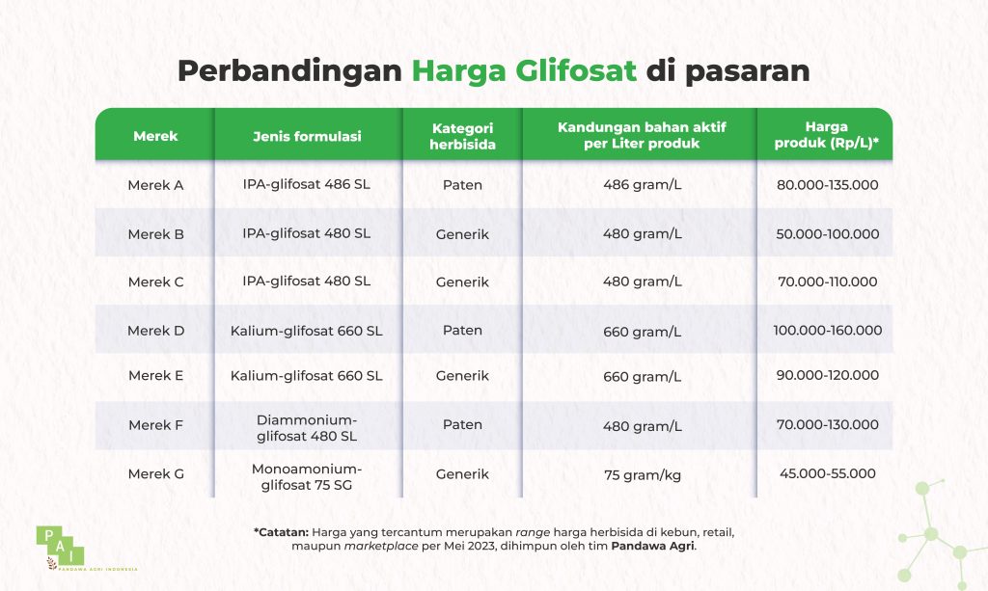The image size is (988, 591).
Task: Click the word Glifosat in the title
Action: pyautogui.click(x=577, y=72)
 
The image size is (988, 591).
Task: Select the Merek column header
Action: pyautogui.click(x=155, y=136)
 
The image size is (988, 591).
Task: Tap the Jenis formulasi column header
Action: pyautogui.click(x=307, y=136)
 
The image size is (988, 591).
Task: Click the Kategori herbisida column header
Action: pyautogui.click(x=462, y=136)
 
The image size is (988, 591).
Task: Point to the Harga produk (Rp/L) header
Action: pyautogui.click(x=827, y=135)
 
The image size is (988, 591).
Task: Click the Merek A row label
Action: pyautogui.click(x=155, y=184)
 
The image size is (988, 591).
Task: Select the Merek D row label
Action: pyautogui.click(x=155, y=330)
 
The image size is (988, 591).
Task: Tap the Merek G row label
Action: pyautogui.click(x=155, y=473)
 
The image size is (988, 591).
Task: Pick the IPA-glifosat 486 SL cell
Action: pyautogui.click(x=307, y=184)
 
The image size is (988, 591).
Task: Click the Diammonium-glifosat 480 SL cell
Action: pyautogui.click(x=307, y=427)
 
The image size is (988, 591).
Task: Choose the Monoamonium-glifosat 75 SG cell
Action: pyautogui.click(x=307, y=475)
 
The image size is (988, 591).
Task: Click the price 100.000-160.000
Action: pyautogui.click(x=827, y=330)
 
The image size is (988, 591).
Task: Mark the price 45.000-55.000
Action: pyautogui.click(x=827, y=473)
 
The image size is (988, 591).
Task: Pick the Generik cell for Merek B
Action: pyautogui.click(x=462, y=233)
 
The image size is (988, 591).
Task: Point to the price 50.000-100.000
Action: pyautogui.click(x=827, y=233)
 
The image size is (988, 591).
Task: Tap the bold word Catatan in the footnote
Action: pyautogui.click(x=283, y=531)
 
